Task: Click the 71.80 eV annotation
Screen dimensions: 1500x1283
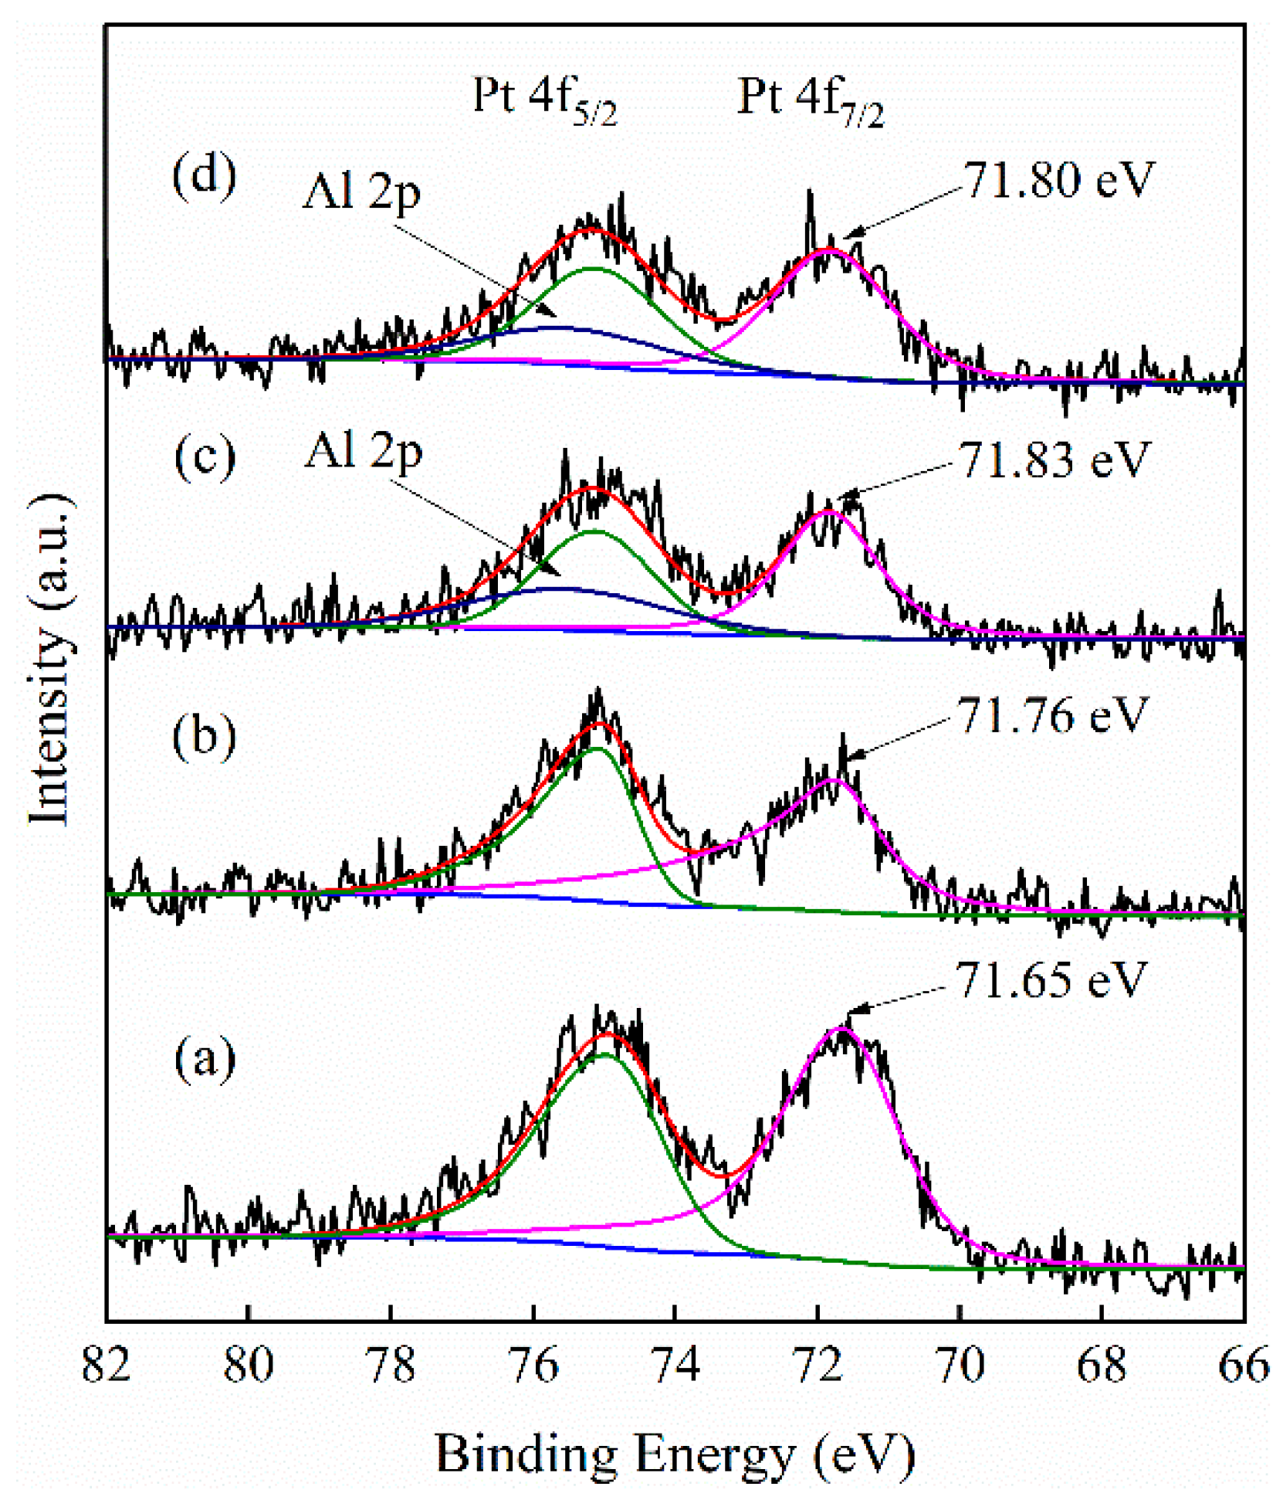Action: pos(1058,181)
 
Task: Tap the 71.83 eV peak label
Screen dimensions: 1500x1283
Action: pos(1054,460)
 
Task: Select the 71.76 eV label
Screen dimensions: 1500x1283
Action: pos(1052,715)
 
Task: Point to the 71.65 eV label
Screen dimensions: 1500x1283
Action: pos(1051,981)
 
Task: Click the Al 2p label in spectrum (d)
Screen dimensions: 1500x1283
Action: pos(361,192)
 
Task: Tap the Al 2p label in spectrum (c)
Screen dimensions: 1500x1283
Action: pos(363,451)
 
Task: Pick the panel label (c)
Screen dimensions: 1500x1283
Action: pos(205,457)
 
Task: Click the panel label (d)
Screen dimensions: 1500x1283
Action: pos(204,178)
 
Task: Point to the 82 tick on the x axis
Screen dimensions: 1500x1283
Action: pos(106,1364)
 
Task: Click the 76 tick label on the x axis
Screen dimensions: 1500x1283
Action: pos(533,1364)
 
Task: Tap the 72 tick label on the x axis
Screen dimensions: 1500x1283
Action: pos(818,1364)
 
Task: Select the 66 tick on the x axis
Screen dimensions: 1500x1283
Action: pos(1244,1364)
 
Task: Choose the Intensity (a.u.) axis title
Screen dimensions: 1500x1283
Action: pos(51,657)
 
